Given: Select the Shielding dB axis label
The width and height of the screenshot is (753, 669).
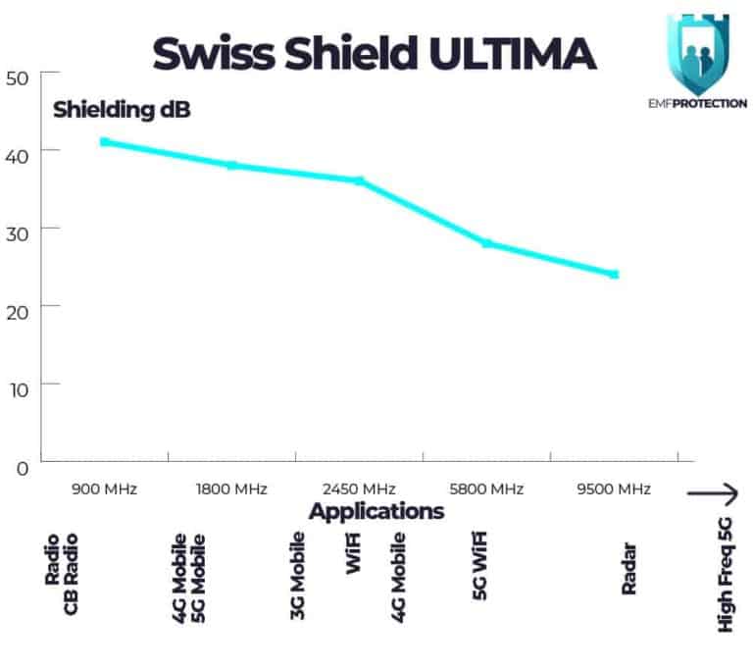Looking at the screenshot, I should pyautogui.click(x=122, y=109).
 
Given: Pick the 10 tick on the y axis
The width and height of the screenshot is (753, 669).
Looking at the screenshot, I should pyautogui.click(x=19, y=386).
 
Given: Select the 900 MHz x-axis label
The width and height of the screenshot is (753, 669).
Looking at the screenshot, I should pyautogui.click(x=104, y=489).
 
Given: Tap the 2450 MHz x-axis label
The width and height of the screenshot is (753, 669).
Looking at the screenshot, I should pyautogui.click(x=359, y=489).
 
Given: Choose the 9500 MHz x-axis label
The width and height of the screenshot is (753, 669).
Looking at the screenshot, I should pyautogui.click(x=614, y=489).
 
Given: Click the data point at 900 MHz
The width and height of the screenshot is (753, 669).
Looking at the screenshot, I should pyautogui.click(x=105, y=142).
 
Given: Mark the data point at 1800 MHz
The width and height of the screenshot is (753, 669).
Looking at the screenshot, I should pyautogui.click(x=232, y=165).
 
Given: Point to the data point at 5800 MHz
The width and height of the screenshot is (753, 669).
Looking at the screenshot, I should pyautogui.click(x=486, y=243).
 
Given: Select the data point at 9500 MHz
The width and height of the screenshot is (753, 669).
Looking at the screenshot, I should pyautogui.click(x=614, y=274).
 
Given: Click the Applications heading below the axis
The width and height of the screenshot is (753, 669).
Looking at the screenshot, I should pyautogui.click(x=376, y=511).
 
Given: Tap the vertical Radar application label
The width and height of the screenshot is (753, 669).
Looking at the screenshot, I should pyautogui.click(x=628, y=569).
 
